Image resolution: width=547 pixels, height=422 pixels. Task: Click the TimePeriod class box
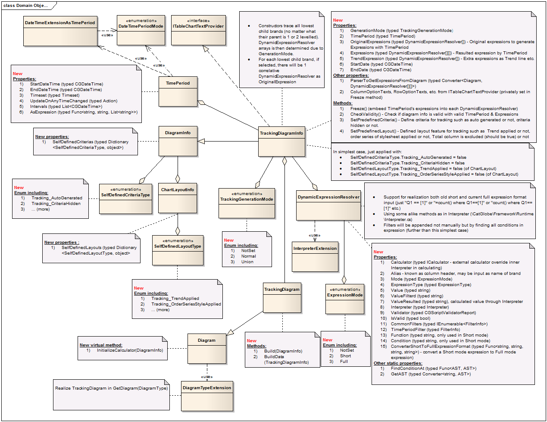[x=178, y=91]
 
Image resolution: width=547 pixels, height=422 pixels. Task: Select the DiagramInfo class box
[x=178, y=141]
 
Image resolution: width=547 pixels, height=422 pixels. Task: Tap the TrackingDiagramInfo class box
[x=281, y=141]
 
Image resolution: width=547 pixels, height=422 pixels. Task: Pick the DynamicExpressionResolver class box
[x=328, y=205]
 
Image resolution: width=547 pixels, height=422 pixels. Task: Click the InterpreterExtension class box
[x=315, y=256]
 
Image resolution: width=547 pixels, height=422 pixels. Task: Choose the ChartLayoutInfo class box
[x=177, y=198]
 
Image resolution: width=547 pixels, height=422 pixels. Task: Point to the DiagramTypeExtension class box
[x=207, y=395]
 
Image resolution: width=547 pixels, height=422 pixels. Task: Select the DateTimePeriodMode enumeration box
[x=141, y=30]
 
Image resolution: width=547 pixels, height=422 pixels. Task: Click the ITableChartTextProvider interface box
[x=198, y=30]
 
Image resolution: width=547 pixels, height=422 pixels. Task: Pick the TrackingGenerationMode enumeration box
[x=247, y=203]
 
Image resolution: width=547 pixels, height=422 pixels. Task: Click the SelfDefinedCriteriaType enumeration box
[x=125, y=198]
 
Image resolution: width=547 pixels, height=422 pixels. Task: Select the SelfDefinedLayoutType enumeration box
[x=177, y=250]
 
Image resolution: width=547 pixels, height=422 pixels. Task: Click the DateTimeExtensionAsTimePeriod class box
[x=60, y=31]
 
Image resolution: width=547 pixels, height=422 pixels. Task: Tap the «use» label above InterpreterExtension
[x=314, y=235]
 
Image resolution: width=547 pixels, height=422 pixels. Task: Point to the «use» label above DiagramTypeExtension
[x=206, y=377]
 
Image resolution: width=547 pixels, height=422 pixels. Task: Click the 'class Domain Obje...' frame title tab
[x=25, y=6]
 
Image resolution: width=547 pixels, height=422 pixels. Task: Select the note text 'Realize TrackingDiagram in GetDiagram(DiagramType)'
[x=111, y=388]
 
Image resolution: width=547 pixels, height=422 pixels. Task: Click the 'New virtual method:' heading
[x=101, y=345]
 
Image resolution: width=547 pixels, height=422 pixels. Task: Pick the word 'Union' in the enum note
[x=247, y=262]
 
